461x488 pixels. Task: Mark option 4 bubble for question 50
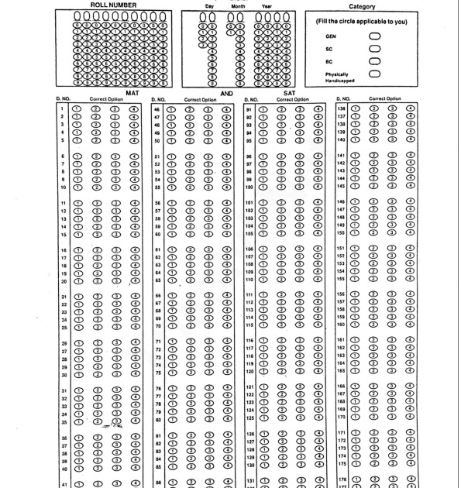[225, 142]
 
